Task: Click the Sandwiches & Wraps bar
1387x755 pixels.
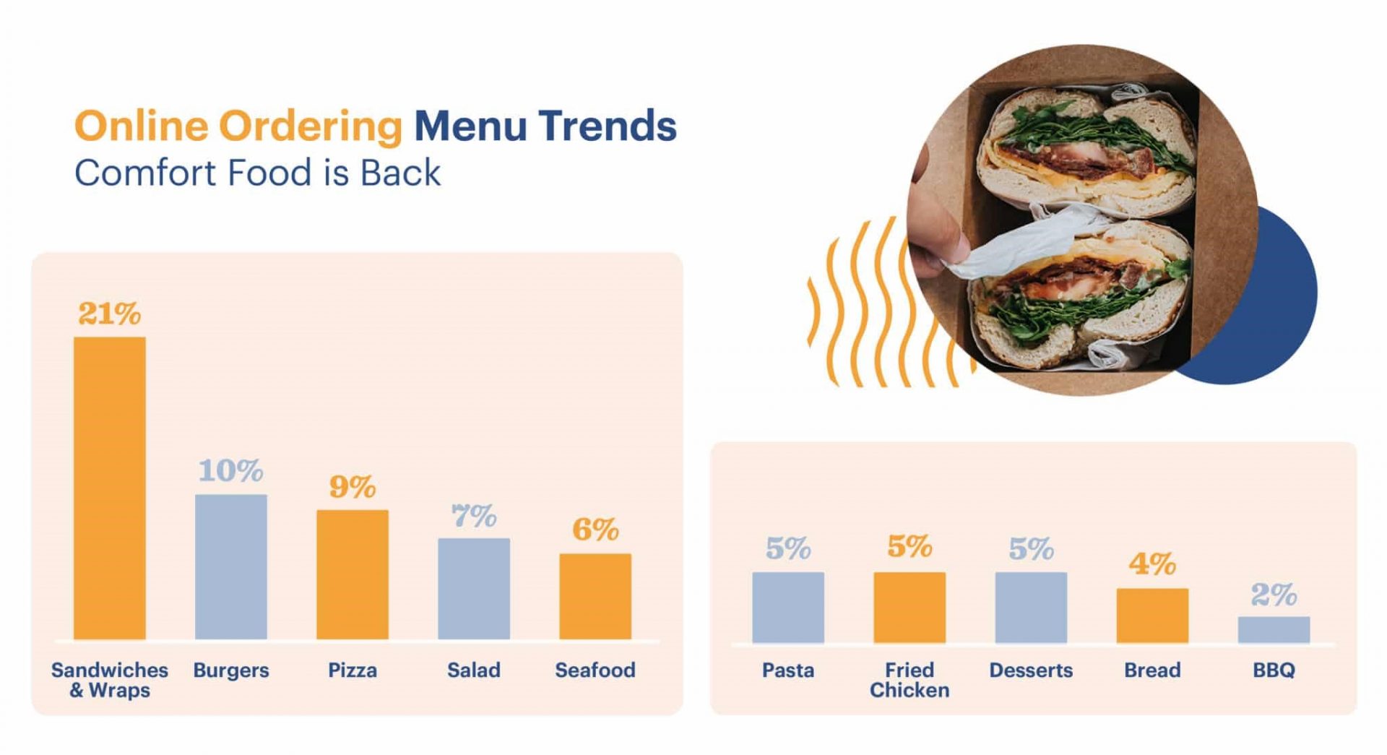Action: click(109, 488)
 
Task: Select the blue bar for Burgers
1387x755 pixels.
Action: click(230, 566)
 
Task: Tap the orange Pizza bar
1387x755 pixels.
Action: click(352, 574)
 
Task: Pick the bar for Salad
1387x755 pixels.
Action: click(473, 588)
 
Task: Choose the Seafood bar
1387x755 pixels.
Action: click(595, 596)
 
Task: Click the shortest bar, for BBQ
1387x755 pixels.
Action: click(1273, 629)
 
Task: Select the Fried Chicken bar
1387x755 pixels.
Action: click(909, 607)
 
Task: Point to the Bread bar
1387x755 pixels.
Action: click(1151, 615)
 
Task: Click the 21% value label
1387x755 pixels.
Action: click(109, 314)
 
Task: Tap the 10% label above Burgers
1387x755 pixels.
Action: click(230, 471)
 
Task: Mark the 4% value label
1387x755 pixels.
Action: click(1151, 564)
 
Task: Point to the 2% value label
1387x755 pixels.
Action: click(1273, 595)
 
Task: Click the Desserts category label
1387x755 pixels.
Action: click(1030, 670)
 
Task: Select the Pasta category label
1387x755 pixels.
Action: click(787, 670)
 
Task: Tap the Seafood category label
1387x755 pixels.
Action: click(595, 670)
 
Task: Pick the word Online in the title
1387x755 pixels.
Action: click(141, 126)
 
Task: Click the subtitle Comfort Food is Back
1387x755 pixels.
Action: click(257, 173)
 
